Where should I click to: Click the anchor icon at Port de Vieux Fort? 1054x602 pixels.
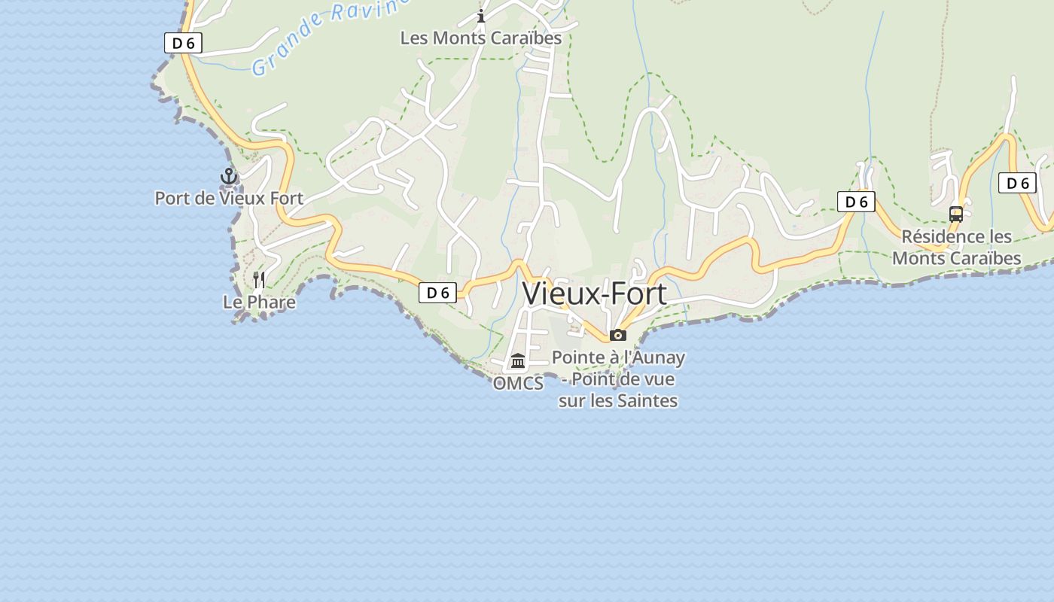229,177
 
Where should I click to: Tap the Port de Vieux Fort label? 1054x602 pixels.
229,199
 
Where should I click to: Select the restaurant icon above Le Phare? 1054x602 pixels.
259,280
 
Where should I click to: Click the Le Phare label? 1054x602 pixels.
259,303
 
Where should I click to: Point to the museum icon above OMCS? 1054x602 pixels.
518,361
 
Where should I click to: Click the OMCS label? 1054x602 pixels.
518,384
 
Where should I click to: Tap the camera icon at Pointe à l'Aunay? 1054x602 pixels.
618,335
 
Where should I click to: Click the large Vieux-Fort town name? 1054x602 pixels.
595,293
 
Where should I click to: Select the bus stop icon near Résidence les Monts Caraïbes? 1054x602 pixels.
956,214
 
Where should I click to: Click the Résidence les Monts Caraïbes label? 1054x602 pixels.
956,248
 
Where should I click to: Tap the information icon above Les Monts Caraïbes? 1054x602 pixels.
481,16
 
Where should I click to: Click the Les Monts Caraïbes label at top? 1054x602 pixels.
481,38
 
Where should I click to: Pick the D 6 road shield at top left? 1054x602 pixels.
183,43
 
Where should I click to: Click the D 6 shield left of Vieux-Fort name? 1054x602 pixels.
437,293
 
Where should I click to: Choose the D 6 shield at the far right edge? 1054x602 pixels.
1017,183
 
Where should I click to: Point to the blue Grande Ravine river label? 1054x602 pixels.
327,34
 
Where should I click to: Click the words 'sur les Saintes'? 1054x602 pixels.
618,401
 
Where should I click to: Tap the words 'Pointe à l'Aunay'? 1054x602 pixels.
618,357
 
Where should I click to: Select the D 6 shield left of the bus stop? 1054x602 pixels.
856,202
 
